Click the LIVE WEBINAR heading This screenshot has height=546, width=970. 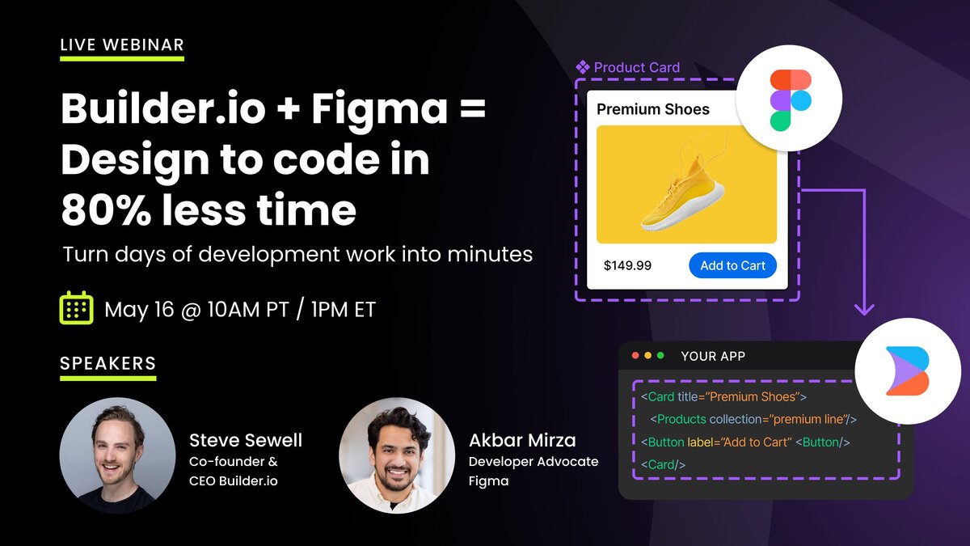(x=122, y=44)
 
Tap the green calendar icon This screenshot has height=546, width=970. (x=76, y=307)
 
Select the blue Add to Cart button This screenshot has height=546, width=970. (x=732, y=265)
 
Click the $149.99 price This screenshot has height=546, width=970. (x=627, y=265)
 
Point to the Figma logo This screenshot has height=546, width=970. (x=791, y=99)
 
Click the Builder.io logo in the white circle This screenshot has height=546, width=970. (x=908, y=371)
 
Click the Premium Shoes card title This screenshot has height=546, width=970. (x=653, y=109)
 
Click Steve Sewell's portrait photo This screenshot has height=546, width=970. (x=117, y=455)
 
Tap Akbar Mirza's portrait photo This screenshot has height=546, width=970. (x=397, y=455)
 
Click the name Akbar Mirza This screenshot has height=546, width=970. (x=522, y=440)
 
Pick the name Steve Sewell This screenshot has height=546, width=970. (x=246, y=440)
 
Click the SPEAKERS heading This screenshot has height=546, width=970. (x=108, y=363)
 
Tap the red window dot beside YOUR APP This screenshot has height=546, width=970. (x=635, y=356)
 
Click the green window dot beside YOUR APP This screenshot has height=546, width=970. (x=660, y=356)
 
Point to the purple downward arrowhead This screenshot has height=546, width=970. (x=864, y=310)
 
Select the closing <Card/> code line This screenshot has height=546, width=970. (x=663, y=464)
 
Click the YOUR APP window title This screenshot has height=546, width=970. (x=713, y=356)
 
